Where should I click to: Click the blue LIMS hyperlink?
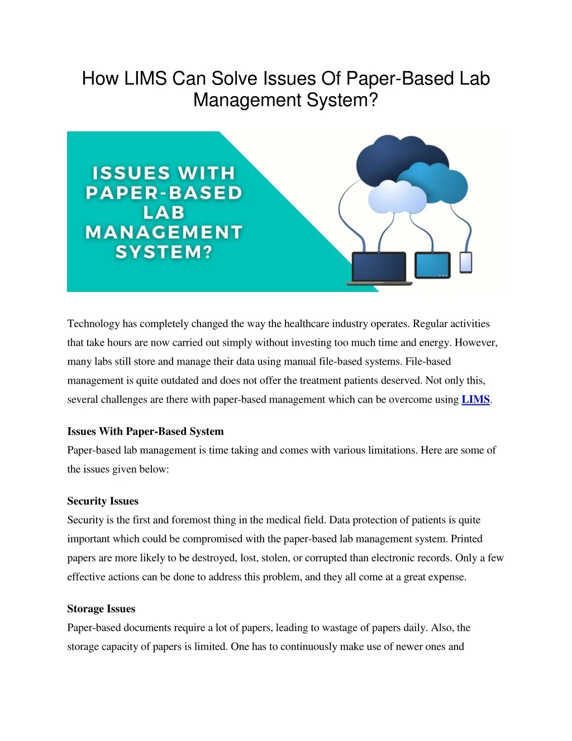(x=475, y=400)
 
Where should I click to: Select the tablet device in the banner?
(x=432, y=265)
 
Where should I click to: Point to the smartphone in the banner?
(x=465, y=262)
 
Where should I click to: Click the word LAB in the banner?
(x=164, y=213)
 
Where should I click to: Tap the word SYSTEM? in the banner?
(x=164, y=252)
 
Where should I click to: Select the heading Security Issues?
(x=103, y=501)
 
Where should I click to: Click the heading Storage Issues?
(x=101, y=609)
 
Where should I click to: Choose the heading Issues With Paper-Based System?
(x=145, y=432)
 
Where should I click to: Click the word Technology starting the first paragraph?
(x=93, y=324)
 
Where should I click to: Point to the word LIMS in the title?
(x=145, y=79)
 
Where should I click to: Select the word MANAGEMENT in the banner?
(x=164, y=232)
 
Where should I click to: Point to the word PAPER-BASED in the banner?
(x=164, y=193)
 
